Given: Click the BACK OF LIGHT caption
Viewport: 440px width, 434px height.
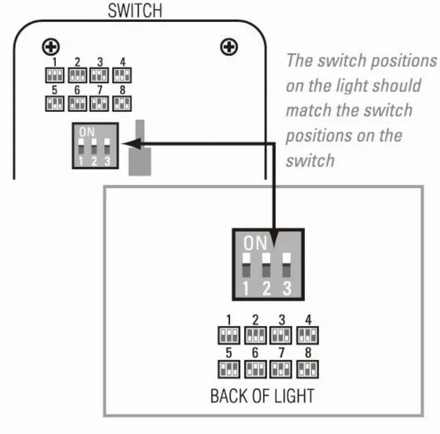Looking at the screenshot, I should click(262, 395).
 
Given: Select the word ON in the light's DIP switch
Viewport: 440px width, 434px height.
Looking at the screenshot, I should click(255, 241).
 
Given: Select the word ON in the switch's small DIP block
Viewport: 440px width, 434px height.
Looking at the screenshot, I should click(87, 132).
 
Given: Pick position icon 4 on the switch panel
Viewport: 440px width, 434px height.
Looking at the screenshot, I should click(121, 75).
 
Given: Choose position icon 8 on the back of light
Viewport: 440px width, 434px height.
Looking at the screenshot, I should click(308, 369).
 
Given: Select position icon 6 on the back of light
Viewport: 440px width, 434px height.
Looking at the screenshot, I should click(255, 369).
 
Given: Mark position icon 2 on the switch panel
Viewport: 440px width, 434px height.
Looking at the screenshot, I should click(77, 75).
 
